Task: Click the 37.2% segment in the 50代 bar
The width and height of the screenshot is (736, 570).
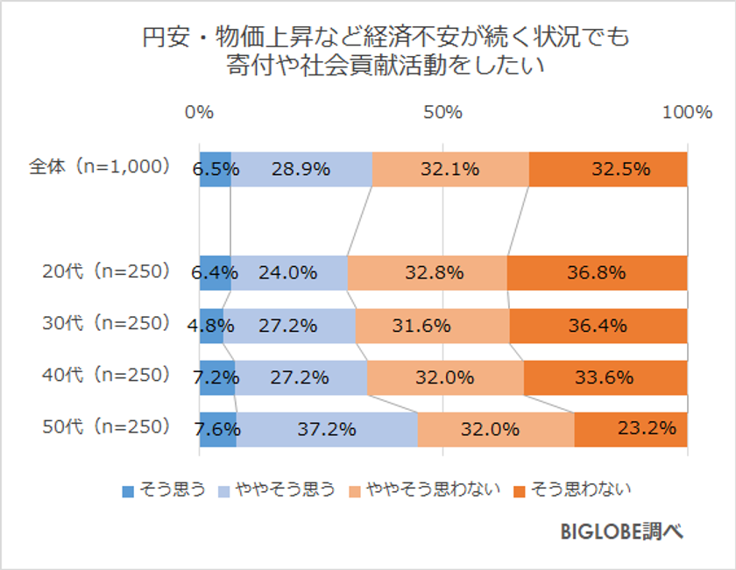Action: point(326,429)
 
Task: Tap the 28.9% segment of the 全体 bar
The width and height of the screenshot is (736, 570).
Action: point(301,169)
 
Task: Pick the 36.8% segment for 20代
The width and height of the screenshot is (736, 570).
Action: point(597,272)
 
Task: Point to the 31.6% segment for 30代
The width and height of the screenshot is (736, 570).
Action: point(433,326)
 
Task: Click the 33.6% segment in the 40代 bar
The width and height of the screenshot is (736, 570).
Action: point(605,377)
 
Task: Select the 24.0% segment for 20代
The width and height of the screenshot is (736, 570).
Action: point(288,272)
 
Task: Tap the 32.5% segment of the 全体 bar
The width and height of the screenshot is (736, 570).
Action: point(608,169)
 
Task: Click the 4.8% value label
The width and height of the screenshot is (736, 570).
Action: point(212,326)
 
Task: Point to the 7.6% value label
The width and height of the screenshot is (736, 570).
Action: point(215,429)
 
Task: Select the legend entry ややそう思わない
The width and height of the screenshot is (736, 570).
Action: point(424,489)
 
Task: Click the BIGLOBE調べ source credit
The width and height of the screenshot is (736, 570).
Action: point(620,531)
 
